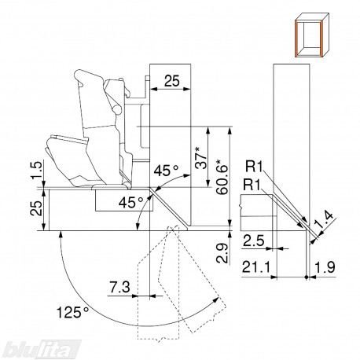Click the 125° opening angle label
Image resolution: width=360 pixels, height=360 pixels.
72,312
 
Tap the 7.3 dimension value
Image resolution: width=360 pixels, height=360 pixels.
119,287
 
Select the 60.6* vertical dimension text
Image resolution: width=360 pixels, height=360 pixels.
222,176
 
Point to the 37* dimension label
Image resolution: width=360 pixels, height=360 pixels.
201,158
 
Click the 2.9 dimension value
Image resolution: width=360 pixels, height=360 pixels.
222,253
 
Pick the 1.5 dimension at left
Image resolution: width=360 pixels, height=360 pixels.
36,170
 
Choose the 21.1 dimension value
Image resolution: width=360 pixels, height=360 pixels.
255,267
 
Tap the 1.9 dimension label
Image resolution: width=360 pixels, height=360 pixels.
325,267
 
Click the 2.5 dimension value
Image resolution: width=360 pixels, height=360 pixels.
254,241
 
